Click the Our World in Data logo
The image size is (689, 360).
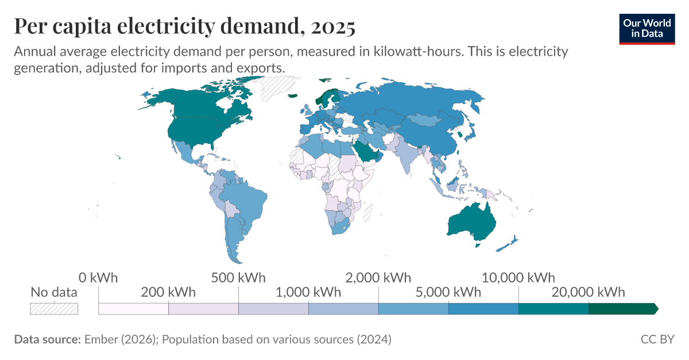click(x=647, y=27)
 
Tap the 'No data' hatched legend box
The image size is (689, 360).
click(x=53, y=308)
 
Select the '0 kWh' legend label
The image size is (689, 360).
click(x=98, y=278)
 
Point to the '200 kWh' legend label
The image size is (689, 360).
click(x=168, y=292)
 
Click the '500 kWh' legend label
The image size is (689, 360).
click(x=238, y=278)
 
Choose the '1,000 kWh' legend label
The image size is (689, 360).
click(x=308, y=292)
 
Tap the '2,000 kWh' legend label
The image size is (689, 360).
click(x=378, y=278)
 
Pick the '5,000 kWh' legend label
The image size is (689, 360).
click(x=448, y=292)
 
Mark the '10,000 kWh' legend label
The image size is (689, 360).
click(x=518, y=278)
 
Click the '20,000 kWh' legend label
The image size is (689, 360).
click(x=589, y=292)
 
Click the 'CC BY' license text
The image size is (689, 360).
click(x=657, y=339)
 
